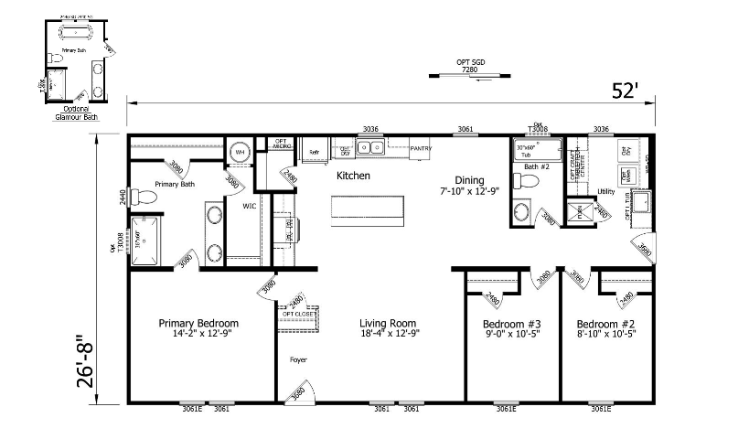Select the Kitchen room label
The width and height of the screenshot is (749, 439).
click(353, 175)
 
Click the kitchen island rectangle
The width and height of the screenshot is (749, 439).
click(367, 209)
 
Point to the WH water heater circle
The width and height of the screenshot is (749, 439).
click(240, 152)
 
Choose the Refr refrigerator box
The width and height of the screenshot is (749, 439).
click(312, 151)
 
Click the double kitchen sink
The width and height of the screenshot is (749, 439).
click(369, 147)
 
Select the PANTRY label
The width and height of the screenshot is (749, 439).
click(422, 148)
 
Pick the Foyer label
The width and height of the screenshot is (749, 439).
click(298, 359)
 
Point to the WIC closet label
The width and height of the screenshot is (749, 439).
click(249, 207)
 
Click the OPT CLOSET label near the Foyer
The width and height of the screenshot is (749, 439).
click(299, 313)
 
